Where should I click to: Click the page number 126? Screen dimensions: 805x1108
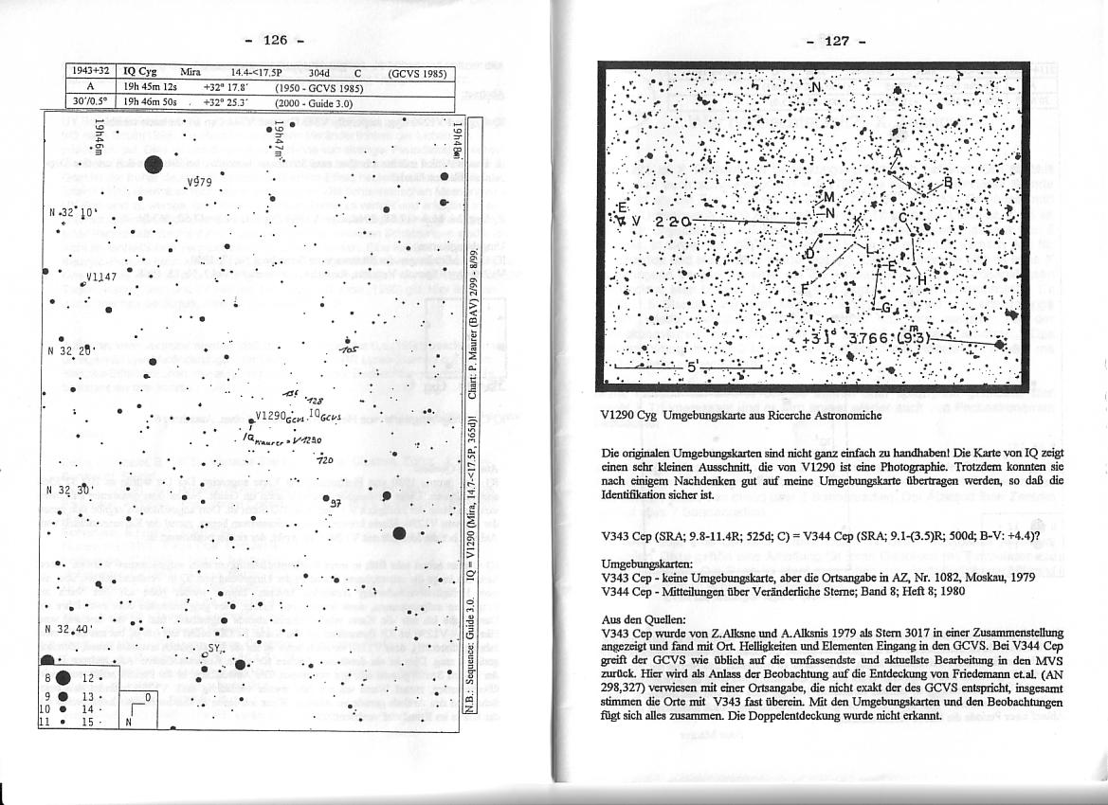(275, 40)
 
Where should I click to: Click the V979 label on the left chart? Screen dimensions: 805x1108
(200, 184)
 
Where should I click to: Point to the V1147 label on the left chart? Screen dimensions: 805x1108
(100, 277)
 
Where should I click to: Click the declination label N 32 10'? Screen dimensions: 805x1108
(70, 212)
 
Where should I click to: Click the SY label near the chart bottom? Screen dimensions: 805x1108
(215, 651)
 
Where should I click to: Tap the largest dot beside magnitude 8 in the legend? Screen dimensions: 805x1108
(64, 677)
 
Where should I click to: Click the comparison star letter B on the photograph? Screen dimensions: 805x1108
(947, 183)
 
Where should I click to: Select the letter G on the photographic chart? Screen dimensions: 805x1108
(885, 307)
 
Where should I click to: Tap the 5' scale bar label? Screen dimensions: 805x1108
(691, 369)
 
